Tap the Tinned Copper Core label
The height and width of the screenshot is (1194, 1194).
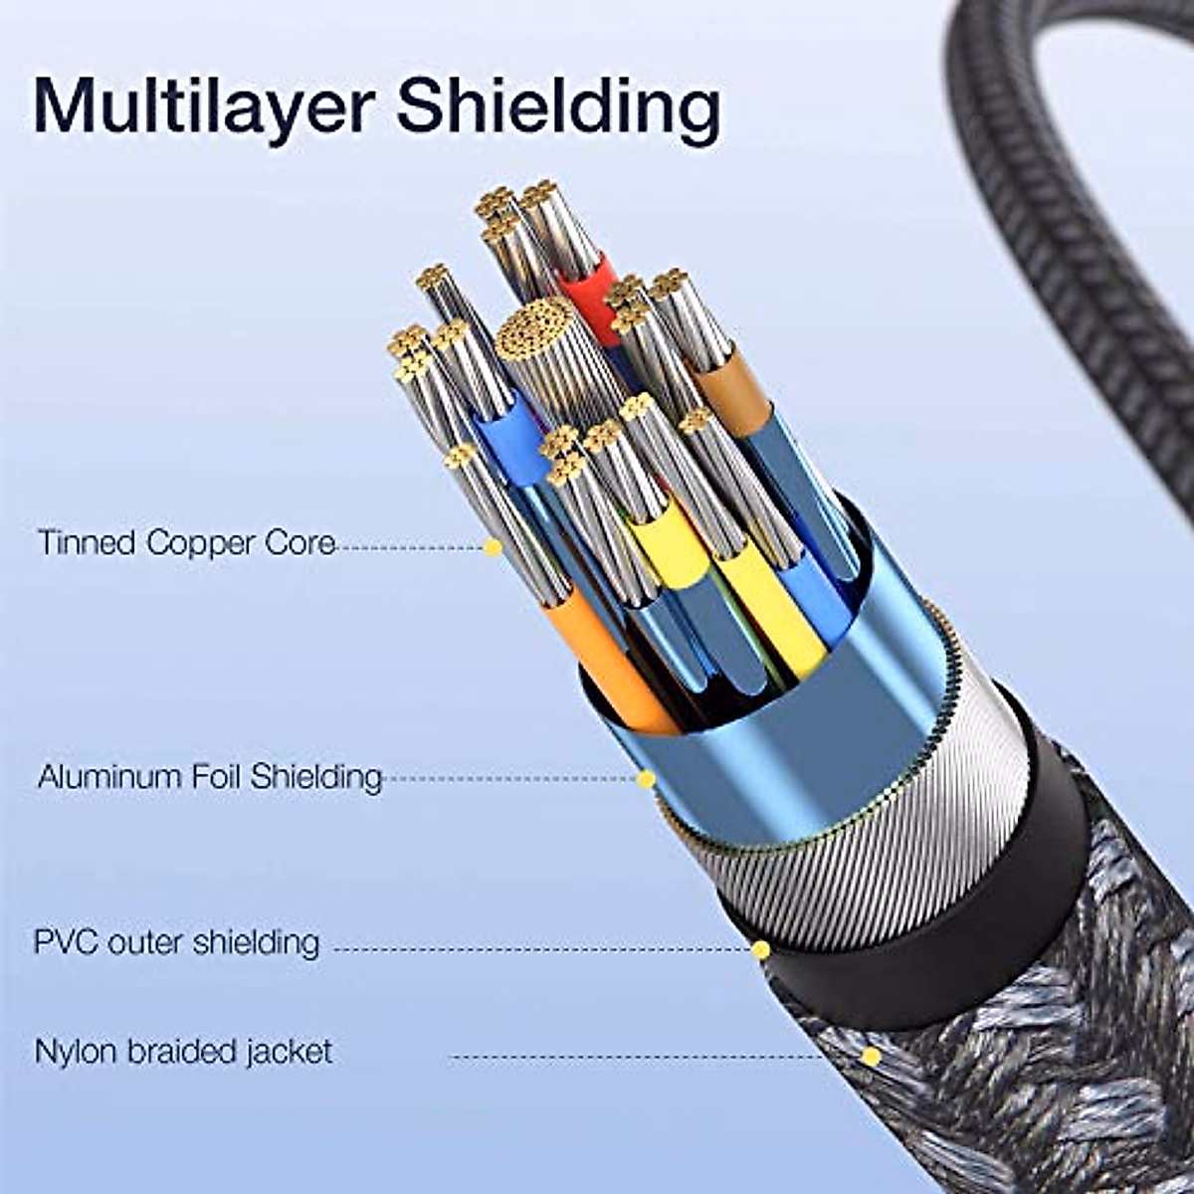tap(186, 543)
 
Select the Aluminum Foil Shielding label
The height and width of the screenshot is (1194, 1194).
tap(210, 776)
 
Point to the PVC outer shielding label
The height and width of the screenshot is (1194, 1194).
tap(177, 941)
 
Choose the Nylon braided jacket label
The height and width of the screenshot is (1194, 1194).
tap(184, 1052)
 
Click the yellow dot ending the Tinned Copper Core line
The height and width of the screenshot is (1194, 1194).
tap(493, 546)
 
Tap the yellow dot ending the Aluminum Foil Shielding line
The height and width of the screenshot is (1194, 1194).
tap(646, 778)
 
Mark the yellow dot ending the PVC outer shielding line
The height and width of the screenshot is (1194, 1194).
tap(760, 949)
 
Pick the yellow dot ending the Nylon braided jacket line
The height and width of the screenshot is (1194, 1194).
tap(871, 1056)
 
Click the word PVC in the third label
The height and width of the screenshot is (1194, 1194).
tap(66, 941)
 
